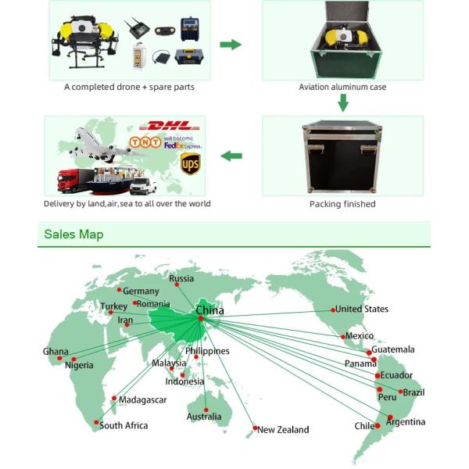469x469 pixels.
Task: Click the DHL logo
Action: pos(168,125)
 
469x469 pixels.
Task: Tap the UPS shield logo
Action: pos(190,163)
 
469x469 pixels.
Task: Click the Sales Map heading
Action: pos(73,234)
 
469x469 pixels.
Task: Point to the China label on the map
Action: pos(209,310)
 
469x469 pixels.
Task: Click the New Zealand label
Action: pos(283,429)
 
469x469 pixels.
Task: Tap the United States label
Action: pos(361,310)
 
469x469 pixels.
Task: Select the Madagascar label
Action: pos(143,399)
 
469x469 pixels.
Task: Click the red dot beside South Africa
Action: pos(97,424)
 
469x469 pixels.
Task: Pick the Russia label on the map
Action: pos(181,278)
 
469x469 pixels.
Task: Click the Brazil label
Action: pos(414,392)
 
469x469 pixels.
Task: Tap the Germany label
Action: pos(141,291)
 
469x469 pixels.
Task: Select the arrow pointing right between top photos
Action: pos(231,44)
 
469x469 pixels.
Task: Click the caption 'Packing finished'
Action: pos(342,204)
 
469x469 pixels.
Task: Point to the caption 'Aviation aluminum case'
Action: pos(342,87)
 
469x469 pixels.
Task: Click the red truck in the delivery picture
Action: pos(70,181)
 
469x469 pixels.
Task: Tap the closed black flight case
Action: pos(342,159)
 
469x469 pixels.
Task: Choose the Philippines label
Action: pos(207,351)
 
